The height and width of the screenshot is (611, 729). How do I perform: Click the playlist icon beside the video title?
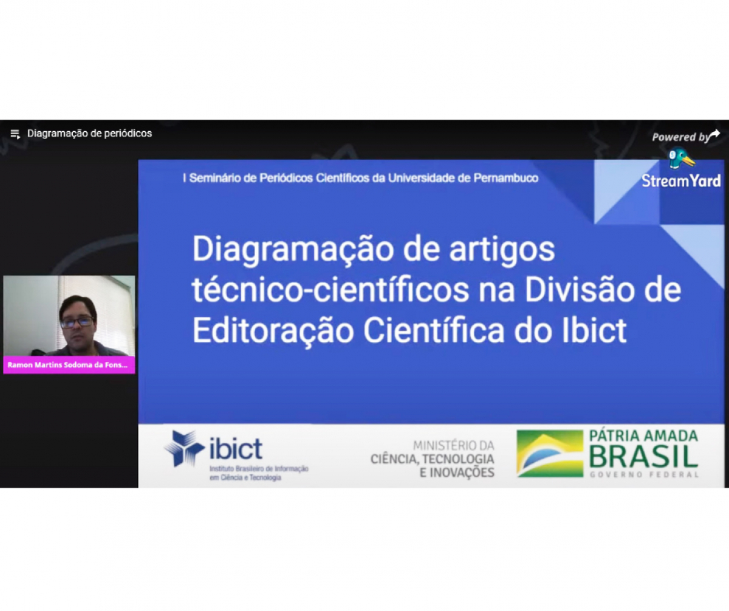click(15, 134)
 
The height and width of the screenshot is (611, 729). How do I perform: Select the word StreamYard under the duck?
click(681, 180)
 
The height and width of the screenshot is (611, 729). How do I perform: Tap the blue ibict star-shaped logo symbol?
click(184, 448)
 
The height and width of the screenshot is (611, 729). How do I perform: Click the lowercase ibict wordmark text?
click(236, 449)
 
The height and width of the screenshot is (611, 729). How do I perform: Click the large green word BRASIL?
click(643, 457)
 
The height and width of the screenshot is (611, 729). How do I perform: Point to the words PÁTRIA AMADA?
click(643, 435)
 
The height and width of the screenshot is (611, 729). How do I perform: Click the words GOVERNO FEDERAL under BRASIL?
click(643, 474)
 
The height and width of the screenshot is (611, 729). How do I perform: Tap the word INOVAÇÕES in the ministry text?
click(457, 473)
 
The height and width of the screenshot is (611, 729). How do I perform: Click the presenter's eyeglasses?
click(77, 321)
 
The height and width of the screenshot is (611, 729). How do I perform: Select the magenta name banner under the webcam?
click(69, 365)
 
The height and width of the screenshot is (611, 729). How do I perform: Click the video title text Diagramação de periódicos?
click(89, 134)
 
